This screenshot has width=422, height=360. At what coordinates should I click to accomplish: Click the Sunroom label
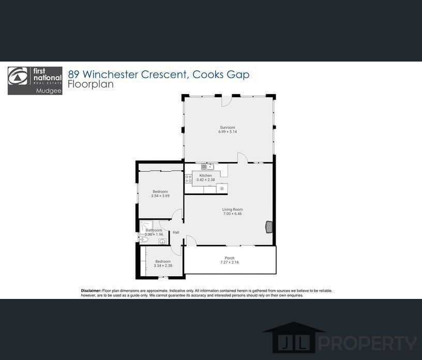[228, 127]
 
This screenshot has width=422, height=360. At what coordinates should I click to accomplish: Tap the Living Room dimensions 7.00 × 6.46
[233, 214]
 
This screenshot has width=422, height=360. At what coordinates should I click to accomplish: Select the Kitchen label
[206, 175]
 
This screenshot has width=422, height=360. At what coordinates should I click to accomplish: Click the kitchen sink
[207, 167]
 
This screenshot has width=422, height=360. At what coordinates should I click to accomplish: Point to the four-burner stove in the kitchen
[188, 179]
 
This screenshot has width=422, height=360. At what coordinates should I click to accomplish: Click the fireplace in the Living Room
[269, 227]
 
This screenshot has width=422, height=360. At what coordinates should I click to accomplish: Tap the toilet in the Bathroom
[143, 239]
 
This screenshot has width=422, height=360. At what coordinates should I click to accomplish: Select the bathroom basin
[162, 242]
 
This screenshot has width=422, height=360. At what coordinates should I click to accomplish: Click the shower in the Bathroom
[146, 227]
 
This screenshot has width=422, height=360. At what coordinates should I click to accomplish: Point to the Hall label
[176, 232]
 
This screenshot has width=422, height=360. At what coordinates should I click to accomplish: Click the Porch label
[230, 258]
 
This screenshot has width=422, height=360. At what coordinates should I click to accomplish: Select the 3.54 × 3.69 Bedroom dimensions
[160, 196]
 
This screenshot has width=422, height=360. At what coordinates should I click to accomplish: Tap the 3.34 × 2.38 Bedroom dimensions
[163, 265]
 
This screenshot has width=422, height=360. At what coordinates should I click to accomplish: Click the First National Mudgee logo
[35, 81]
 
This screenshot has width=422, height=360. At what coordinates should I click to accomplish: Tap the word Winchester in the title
[111, 74]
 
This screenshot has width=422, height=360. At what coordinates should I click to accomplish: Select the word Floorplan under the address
[91, 84]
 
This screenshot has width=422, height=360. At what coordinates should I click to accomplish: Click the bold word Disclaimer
[91, 291]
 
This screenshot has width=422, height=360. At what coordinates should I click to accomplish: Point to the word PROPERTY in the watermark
[368, 343]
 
